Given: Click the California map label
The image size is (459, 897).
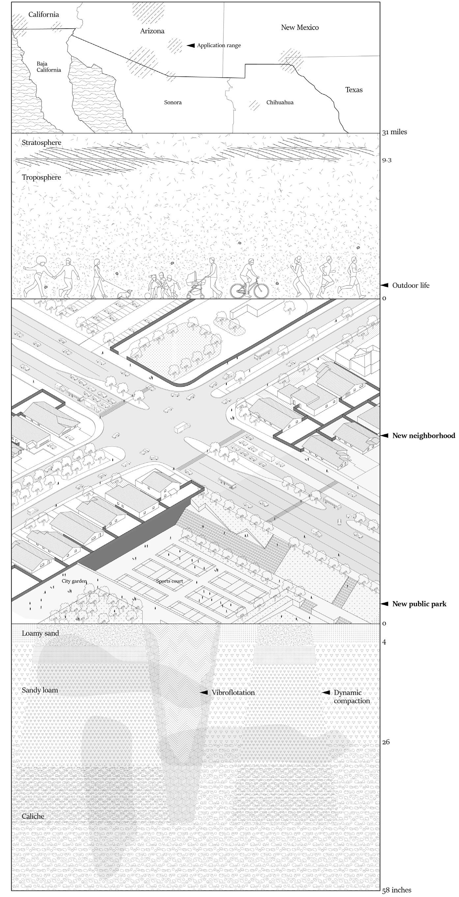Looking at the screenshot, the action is point(43,14).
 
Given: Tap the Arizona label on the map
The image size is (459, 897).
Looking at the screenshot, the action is point(152,31).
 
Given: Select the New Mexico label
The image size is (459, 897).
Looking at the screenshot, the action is point(300,28).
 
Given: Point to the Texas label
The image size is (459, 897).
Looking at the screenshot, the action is point(354,90).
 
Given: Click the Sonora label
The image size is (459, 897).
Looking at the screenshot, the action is point(173,102).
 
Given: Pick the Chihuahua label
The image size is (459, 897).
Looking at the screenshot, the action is point(280,102).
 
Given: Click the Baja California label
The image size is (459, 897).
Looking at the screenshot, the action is point(49,67).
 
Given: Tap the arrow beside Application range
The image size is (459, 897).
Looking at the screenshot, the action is point(191,45).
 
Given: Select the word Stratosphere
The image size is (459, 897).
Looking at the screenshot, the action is point(42,143).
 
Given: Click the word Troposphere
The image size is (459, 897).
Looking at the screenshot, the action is point(42,177).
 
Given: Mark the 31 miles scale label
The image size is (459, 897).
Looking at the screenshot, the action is point(394,132).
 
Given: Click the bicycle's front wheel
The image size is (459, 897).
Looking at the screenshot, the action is point(260,289).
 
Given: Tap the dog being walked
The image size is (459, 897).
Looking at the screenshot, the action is point(125,294).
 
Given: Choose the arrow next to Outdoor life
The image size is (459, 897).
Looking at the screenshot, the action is point(384,285).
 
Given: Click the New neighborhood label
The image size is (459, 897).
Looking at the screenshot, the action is point(423,435).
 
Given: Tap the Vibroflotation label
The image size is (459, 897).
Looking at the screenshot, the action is point(233,693).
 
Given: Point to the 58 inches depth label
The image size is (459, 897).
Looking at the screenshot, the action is point(397,890).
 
